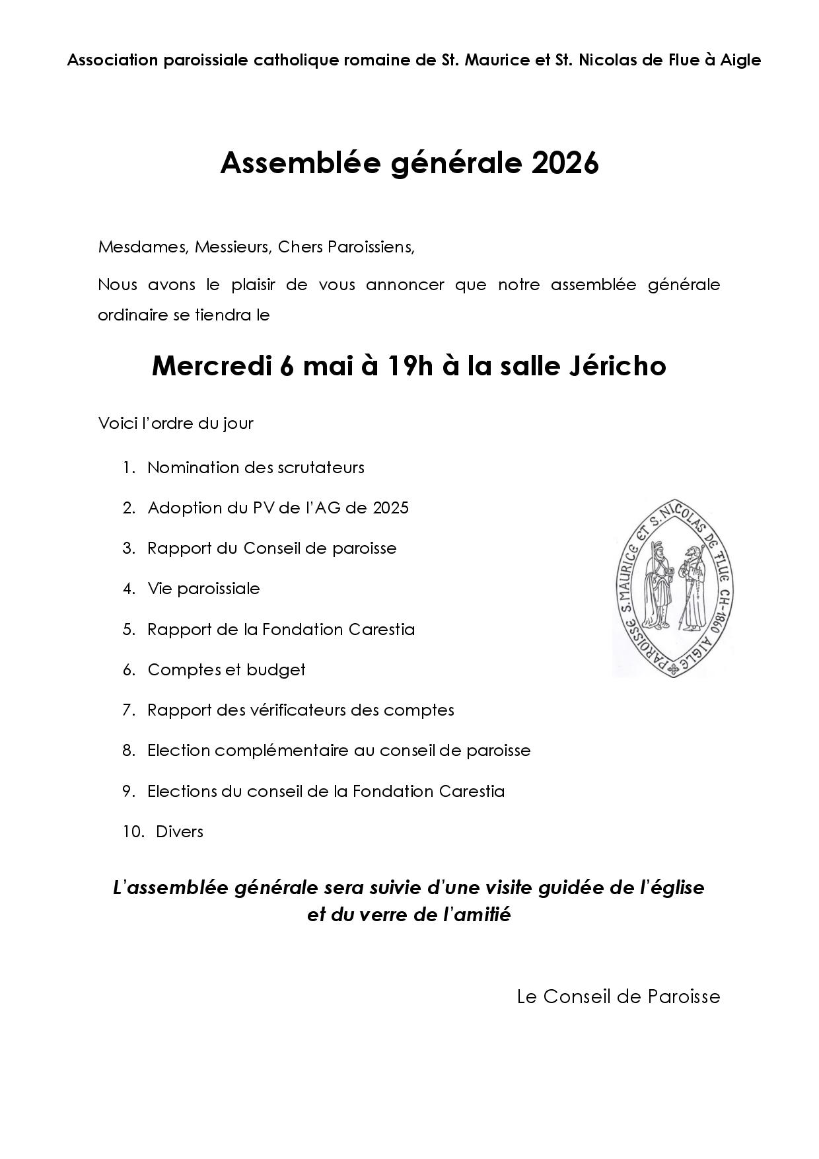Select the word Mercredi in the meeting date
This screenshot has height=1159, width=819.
pyautogui.click(x=211, y=365)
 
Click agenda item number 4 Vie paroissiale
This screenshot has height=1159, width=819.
pyautogui.click(x=203, y=588)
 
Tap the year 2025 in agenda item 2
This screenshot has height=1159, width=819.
pyautogui.click(x=390, y=507)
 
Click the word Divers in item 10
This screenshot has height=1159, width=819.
pyautogui.click(x=180, y=831)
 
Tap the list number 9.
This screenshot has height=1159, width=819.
pyautogui.click(x=128, y=791)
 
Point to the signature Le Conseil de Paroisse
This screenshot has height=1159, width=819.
pyautogui.click(x=618, y=996)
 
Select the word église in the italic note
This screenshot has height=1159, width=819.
pyautogui.click(x=678, y=887)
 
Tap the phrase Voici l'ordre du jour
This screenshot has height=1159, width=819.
pyautogui.click(x=176, y=423)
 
